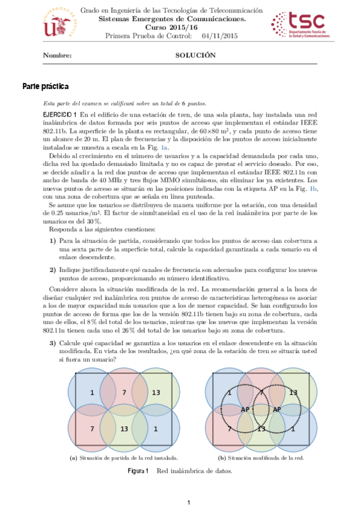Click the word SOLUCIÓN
pyautogui.click(x=195, y=55)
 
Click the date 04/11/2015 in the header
pyautogui.click(x=220, y=37)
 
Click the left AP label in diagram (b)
pyautogui.click(x=245, y=410)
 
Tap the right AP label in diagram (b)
pyautogui.click(x=278, y=410)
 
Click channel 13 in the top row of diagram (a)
pyautogui.click(x=156, y=393)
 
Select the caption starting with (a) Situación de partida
pyautogui.click(x=124, y=458)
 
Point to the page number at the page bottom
pyautogui.click(x=188, y=502)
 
